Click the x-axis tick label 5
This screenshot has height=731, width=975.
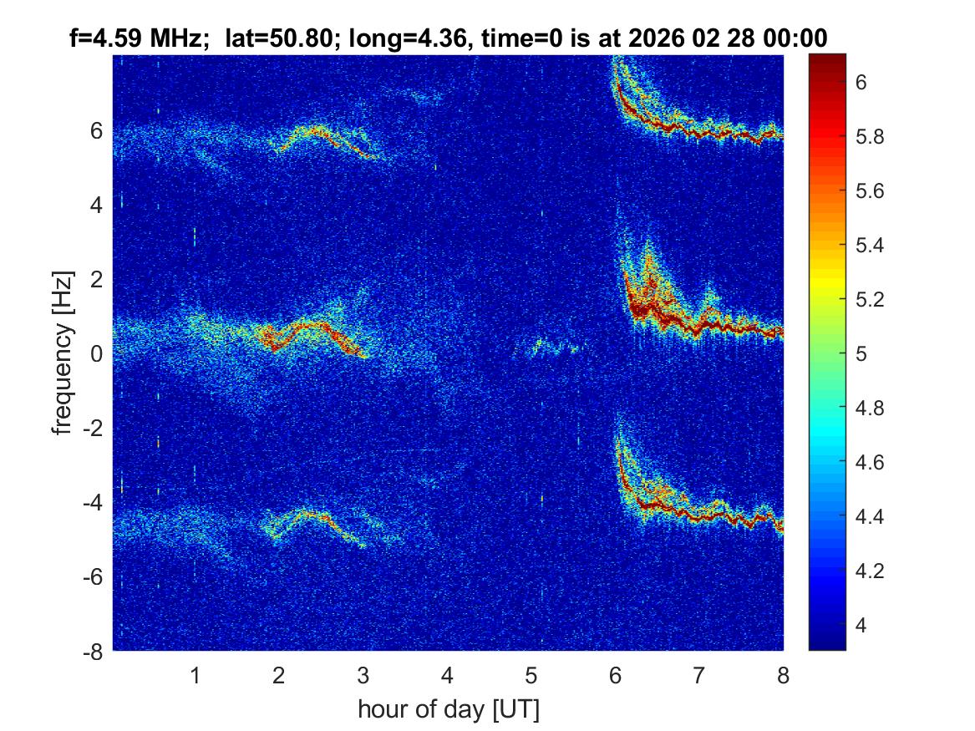coord(531,675)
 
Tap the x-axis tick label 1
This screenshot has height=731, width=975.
coord(196,675)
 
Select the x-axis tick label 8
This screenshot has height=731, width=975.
coord(783,675)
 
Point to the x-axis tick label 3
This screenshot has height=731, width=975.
coord(363,675)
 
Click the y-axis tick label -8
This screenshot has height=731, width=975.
coord(94,652)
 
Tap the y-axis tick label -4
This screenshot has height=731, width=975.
coord(94,503)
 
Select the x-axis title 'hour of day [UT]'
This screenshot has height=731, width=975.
coord(448,710)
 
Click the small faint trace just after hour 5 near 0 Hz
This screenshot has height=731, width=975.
coord(547,346)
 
